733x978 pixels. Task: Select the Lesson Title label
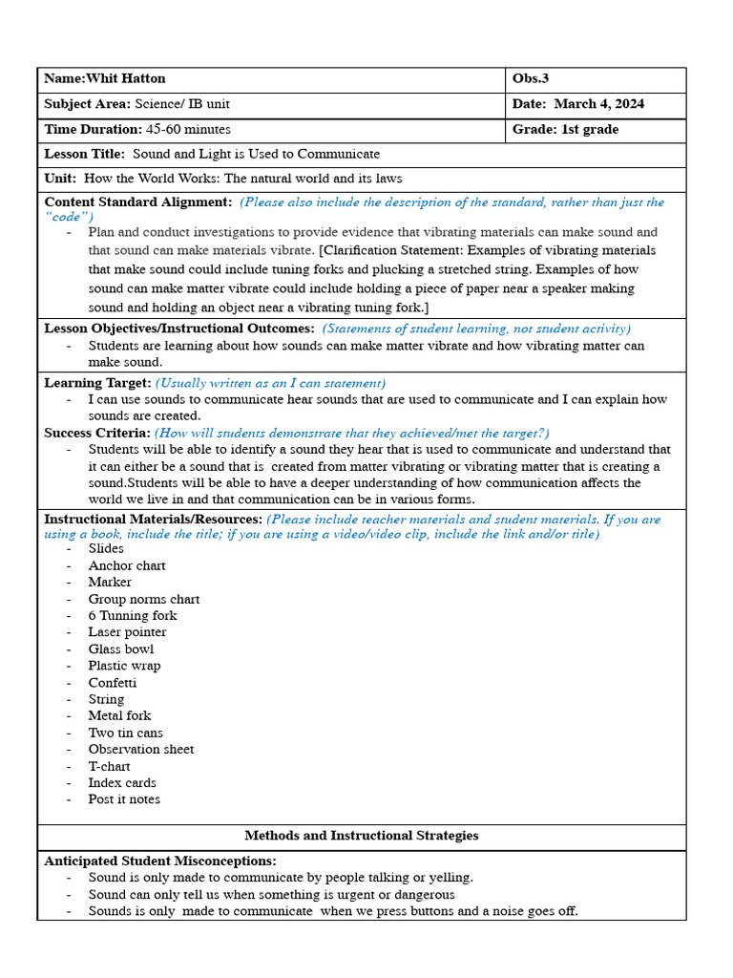coord(84,154)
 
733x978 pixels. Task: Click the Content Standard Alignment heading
coord(137,202)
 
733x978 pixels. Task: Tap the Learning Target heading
coord(97,383)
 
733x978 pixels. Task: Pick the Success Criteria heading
coord(96,433)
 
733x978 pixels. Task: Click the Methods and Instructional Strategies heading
coord(361,836)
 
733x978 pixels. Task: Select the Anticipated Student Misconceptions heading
coord(160,861)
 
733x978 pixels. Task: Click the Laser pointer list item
coord(127,632)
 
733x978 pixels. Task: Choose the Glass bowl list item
coord(120,649)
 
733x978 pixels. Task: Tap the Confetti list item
coord(113,683)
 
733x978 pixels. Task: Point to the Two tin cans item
coord(125,733)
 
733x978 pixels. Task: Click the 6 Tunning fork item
coord(133,616)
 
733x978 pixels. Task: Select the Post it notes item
coord(124,799)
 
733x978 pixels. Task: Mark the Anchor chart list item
coord(127,565)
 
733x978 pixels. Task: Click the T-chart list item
coord(109,766)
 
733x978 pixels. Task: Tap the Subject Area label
coord(87,104)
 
